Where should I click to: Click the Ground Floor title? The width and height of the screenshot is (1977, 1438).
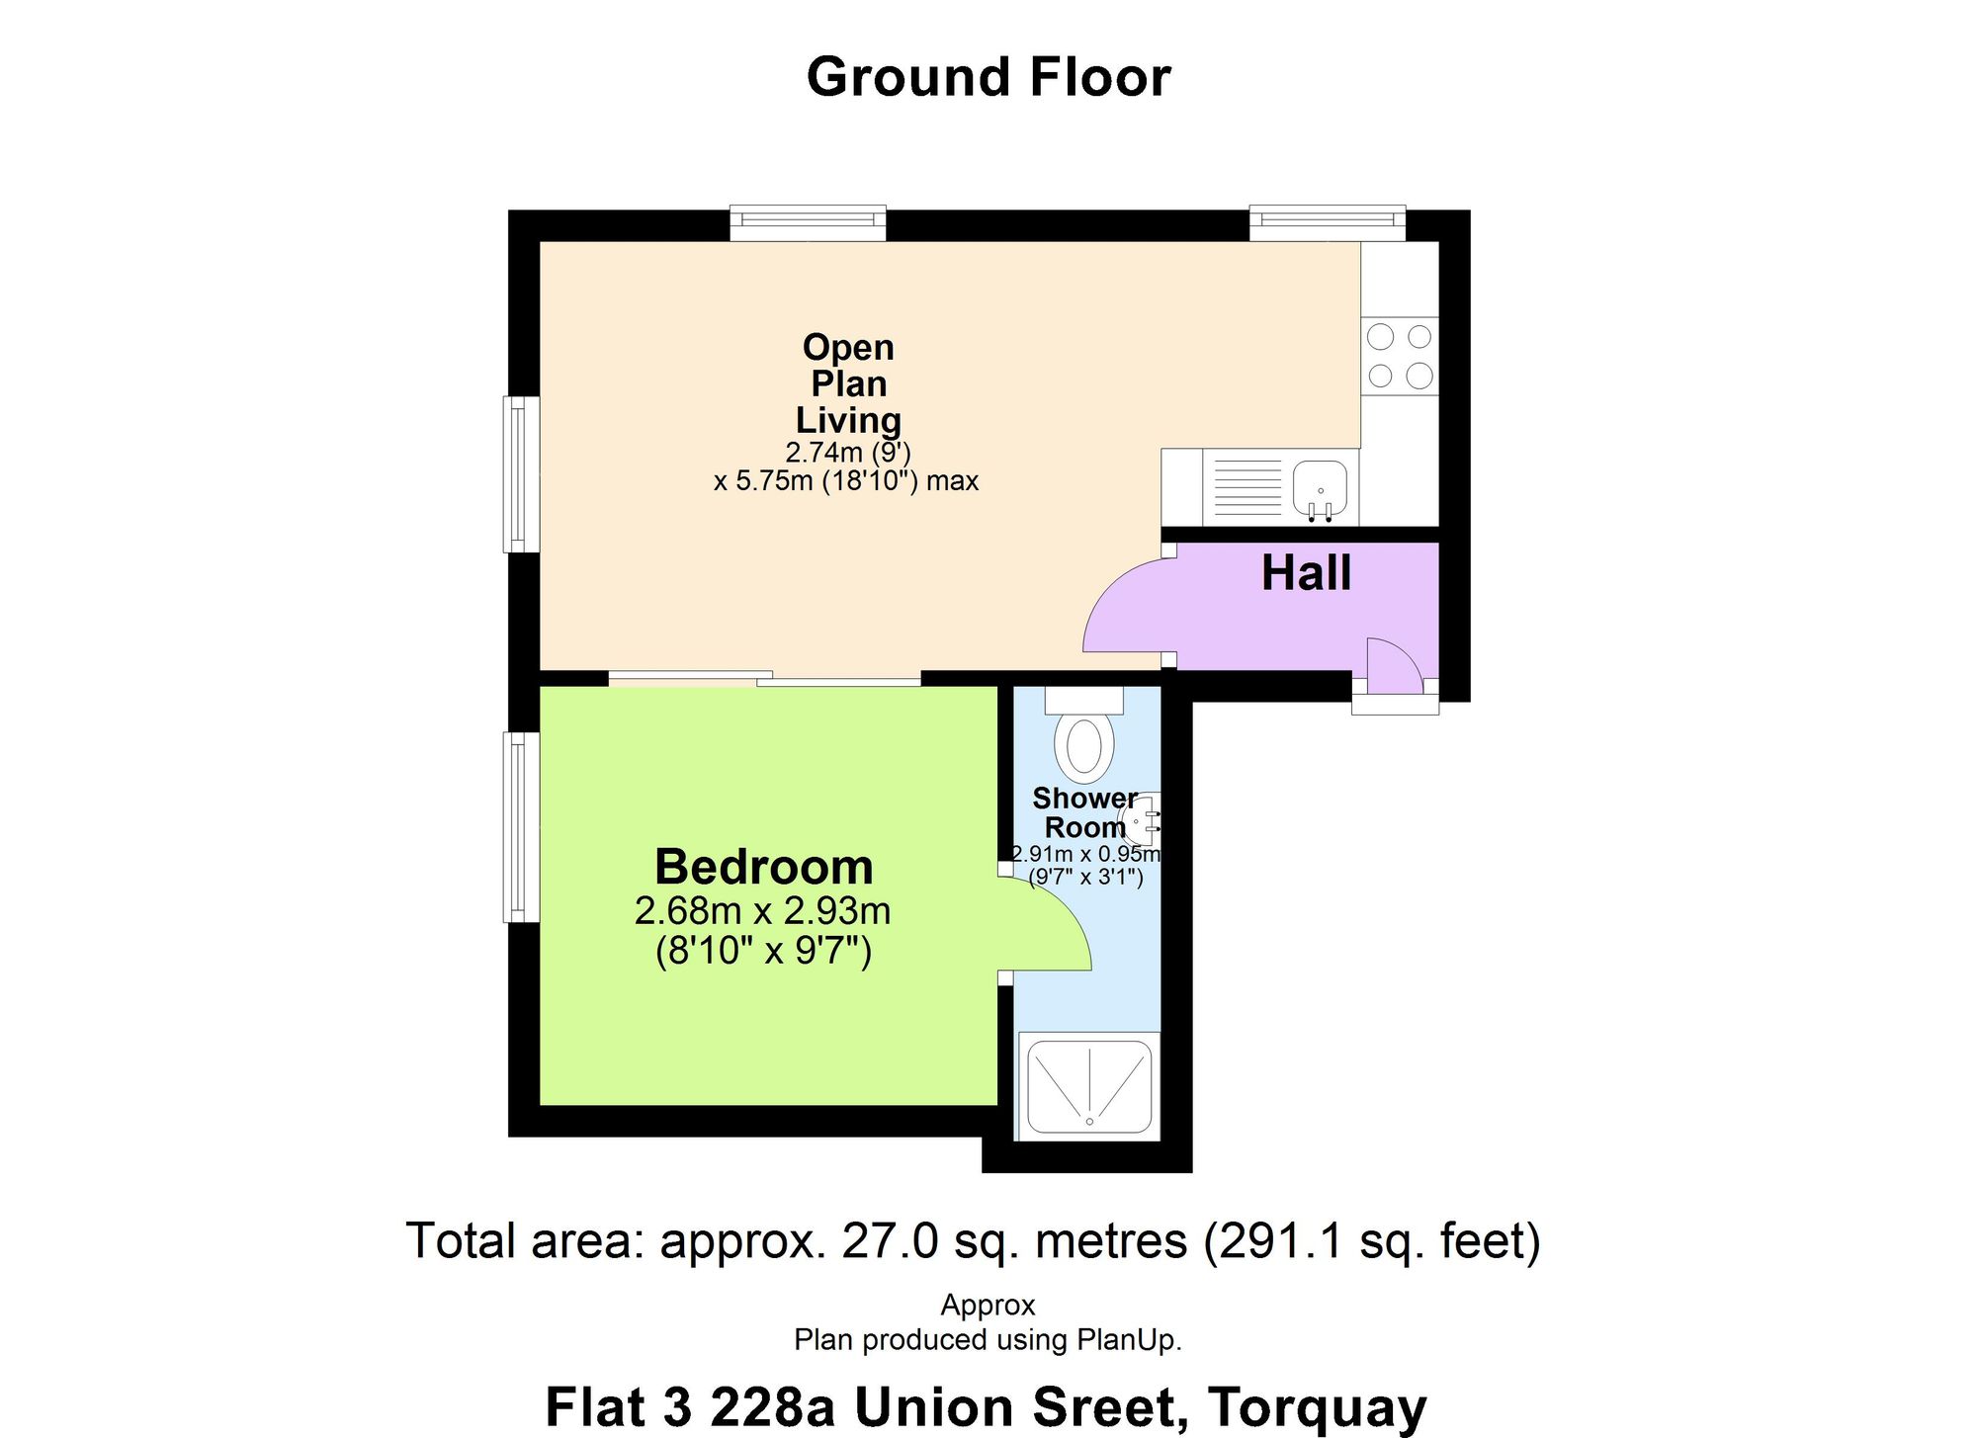(988, 77)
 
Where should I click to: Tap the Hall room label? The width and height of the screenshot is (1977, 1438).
(1306, 573)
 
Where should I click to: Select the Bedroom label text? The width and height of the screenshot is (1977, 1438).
(764, 867)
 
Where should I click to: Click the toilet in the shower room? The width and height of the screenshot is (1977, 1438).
(1084, 732)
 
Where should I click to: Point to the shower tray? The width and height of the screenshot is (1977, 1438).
(1088, 1085)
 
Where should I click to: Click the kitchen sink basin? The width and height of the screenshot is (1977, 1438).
(1320, 489)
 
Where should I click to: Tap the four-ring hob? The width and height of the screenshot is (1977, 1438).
(1400, 357)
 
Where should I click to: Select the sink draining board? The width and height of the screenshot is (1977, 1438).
(1248, 487)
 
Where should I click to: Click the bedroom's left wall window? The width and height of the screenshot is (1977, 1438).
(522, 826)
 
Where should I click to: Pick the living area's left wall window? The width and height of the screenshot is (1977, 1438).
(522, 474)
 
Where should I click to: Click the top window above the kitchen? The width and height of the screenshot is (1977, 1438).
(1328, 223)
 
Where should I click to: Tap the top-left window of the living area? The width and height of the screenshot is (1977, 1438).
(808, 223)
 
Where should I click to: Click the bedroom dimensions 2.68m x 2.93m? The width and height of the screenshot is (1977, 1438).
(763, 910)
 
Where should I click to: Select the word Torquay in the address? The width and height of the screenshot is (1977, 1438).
(1318, 1407)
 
